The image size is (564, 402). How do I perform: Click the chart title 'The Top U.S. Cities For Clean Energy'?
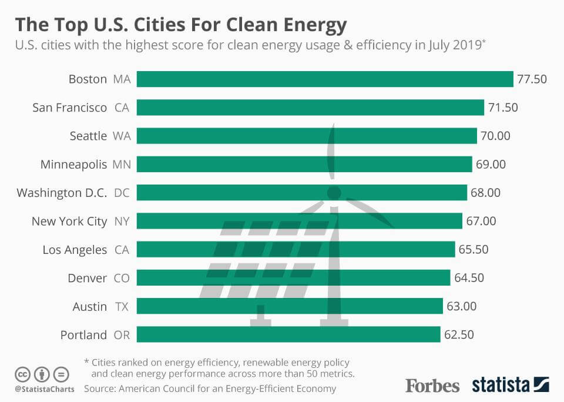[180, 25]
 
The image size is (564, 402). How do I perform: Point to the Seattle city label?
[88, 136]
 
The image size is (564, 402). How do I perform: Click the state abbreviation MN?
[122, 164]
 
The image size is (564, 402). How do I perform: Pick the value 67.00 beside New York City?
[481, 221]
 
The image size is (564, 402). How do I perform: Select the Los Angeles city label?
[75, 249]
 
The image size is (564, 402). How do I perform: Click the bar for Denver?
[294, 277]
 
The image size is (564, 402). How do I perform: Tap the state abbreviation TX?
[122, 306]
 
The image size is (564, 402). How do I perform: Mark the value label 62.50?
[459, 335]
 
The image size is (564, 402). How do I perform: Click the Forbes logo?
[432, 386]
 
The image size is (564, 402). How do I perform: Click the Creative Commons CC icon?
[22, 374]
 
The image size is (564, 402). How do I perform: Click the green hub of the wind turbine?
[334, 193]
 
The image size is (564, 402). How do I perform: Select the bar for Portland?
[288, 334]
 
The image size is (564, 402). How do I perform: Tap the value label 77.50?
[532, 79]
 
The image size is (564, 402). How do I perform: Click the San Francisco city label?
[70, 108]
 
